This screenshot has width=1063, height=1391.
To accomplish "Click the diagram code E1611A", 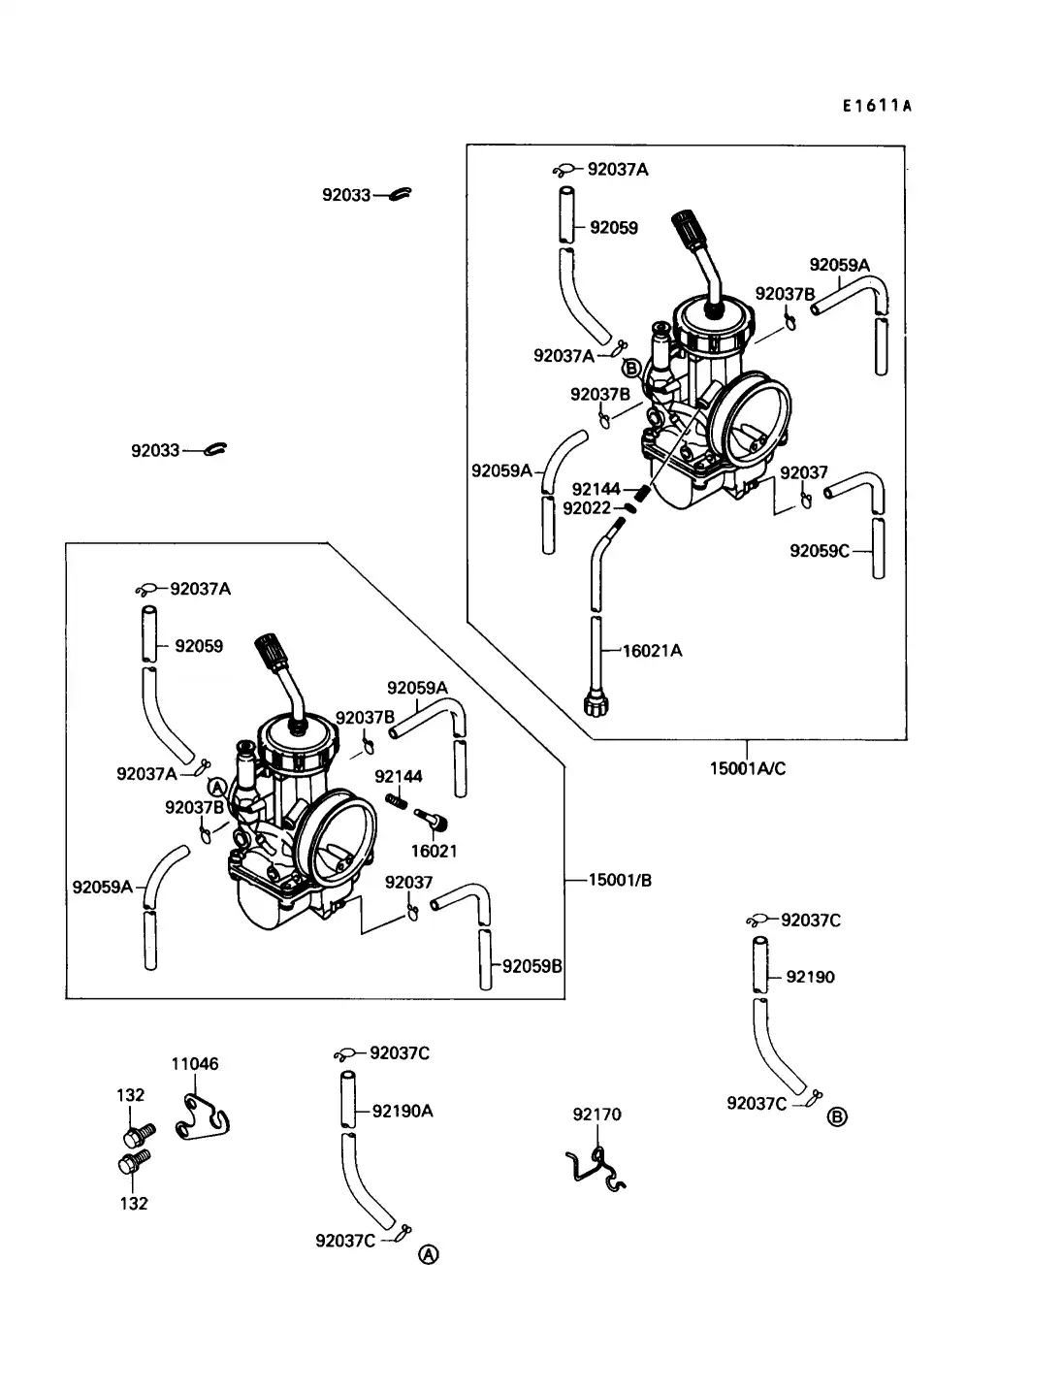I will coord(877,106).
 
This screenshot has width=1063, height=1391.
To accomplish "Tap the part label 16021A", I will coord(652,651).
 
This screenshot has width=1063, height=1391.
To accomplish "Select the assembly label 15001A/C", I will coord(747,768).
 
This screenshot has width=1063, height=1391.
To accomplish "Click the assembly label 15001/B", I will coord(620,880).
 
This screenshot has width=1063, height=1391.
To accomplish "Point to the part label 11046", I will coord(195,1063).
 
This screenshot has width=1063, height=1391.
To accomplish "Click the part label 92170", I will coord(596,1115).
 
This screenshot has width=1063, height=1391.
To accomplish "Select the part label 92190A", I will coord(403,1111).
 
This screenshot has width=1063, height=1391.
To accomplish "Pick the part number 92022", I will coord(587,507).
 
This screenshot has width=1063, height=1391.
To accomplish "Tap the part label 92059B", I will coord(531,966).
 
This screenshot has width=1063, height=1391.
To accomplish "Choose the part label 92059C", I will coord(819,551).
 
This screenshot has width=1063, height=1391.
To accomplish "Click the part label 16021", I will coord(434,851).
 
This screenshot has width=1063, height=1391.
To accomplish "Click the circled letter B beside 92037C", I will coord(837,1116).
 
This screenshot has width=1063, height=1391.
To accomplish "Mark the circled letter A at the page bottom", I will coord(428,1254).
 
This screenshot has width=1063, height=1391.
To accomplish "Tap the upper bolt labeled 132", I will coord(139,1132).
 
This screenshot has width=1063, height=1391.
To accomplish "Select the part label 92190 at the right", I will coord(810,977).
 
